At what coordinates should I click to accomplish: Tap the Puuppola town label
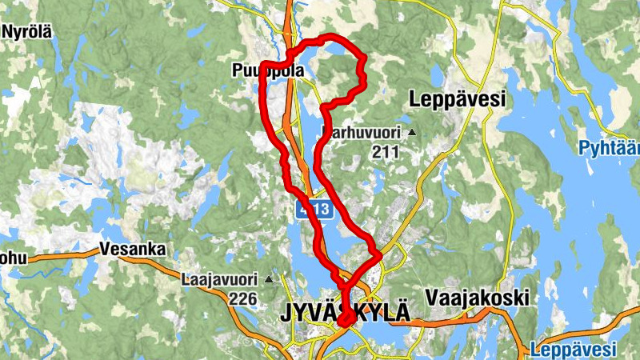pyautogui.click(x=267, y=71)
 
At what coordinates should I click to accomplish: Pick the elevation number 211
pyautogui.click(x=385, y=150)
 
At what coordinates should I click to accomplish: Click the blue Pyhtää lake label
pyautogui.click(x=610, y=147)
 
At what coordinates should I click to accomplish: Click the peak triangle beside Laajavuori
pyautogui.click(x=269, y=279)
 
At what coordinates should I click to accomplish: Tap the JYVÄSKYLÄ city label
pyautogui.click(x=345, y=313)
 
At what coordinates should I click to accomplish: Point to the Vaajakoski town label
pyautogui.click(x=478, y=298)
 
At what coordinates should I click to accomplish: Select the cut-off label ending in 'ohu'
pyautogui.click(x=13, y=258)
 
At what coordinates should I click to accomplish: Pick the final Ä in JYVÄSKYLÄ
pyautogui.click(x=400, y=312)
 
